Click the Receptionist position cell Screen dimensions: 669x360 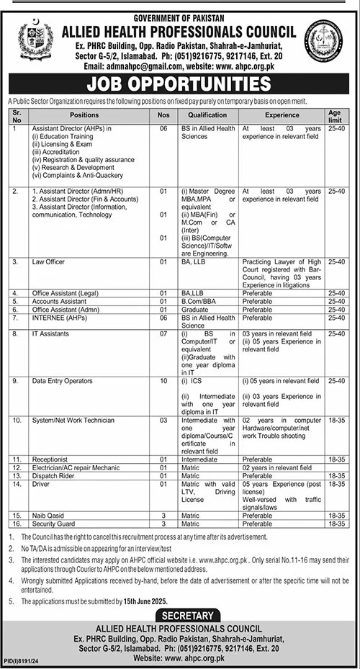point(45,458)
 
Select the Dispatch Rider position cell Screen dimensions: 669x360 point(48,477)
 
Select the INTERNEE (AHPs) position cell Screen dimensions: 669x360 point(53,318)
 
